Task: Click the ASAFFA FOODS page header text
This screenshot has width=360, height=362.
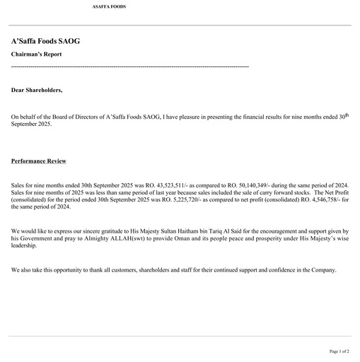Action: (109, 6)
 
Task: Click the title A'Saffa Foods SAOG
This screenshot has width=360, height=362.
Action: (45, 41)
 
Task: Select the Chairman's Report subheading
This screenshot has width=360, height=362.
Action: (36, 54)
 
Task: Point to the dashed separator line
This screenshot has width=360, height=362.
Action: (130, 66)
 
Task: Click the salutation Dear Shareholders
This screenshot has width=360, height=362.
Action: (37, 90)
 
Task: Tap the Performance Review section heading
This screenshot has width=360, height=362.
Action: (38, 161)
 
